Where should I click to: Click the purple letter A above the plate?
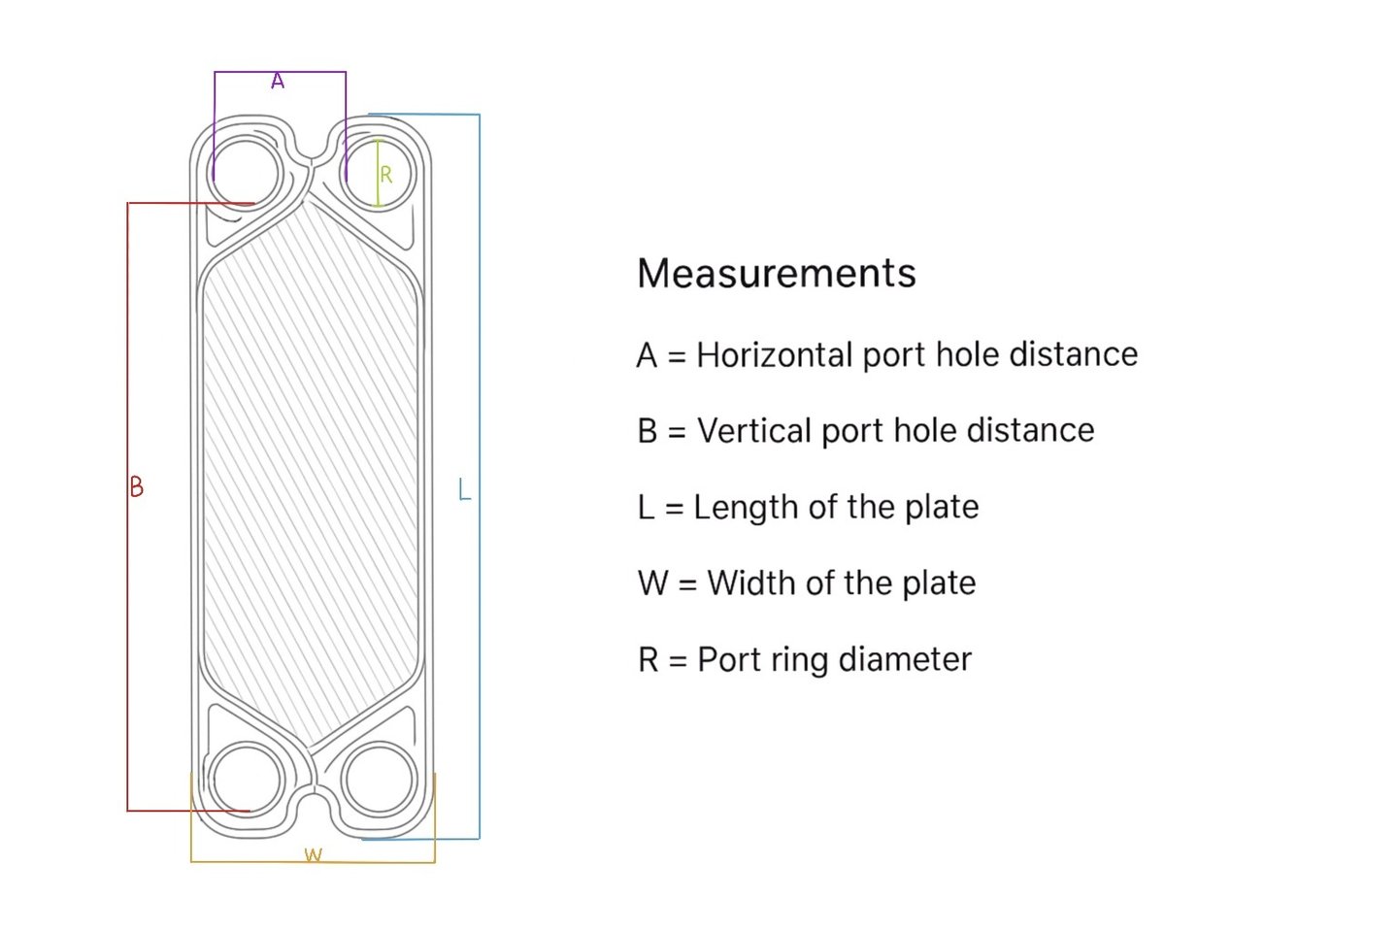tap(278, 82)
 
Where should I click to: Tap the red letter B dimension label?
tap(137, 486)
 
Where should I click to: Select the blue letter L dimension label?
tap(464, 489)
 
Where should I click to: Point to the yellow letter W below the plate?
tap(313, 855)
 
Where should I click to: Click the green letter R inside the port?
tap(386, 175)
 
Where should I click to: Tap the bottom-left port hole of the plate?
tap(247, 780)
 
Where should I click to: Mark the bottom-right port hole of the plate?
tap(379, 778)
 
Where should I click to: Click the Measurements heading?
tap(776, 274)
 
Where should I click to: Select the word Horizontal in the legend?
tap(773, 355)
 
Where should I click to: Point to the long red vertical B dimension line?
tap(127, 631)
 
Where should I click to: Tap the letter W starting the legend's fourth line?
tap(652, 583)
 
